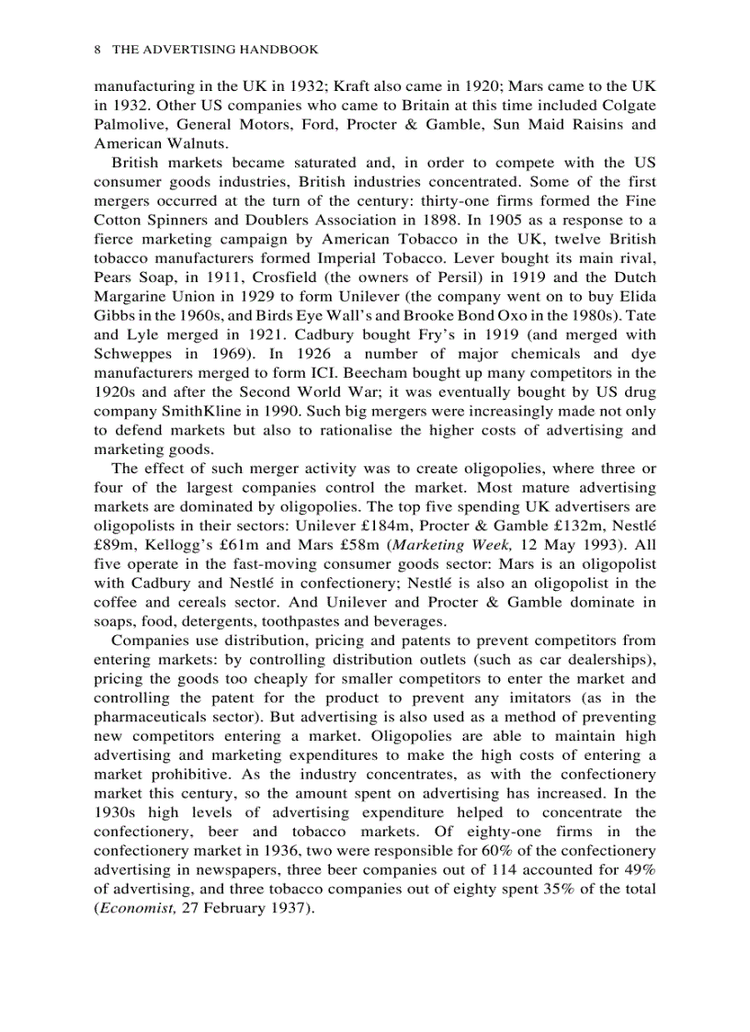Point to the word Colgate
628,105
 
